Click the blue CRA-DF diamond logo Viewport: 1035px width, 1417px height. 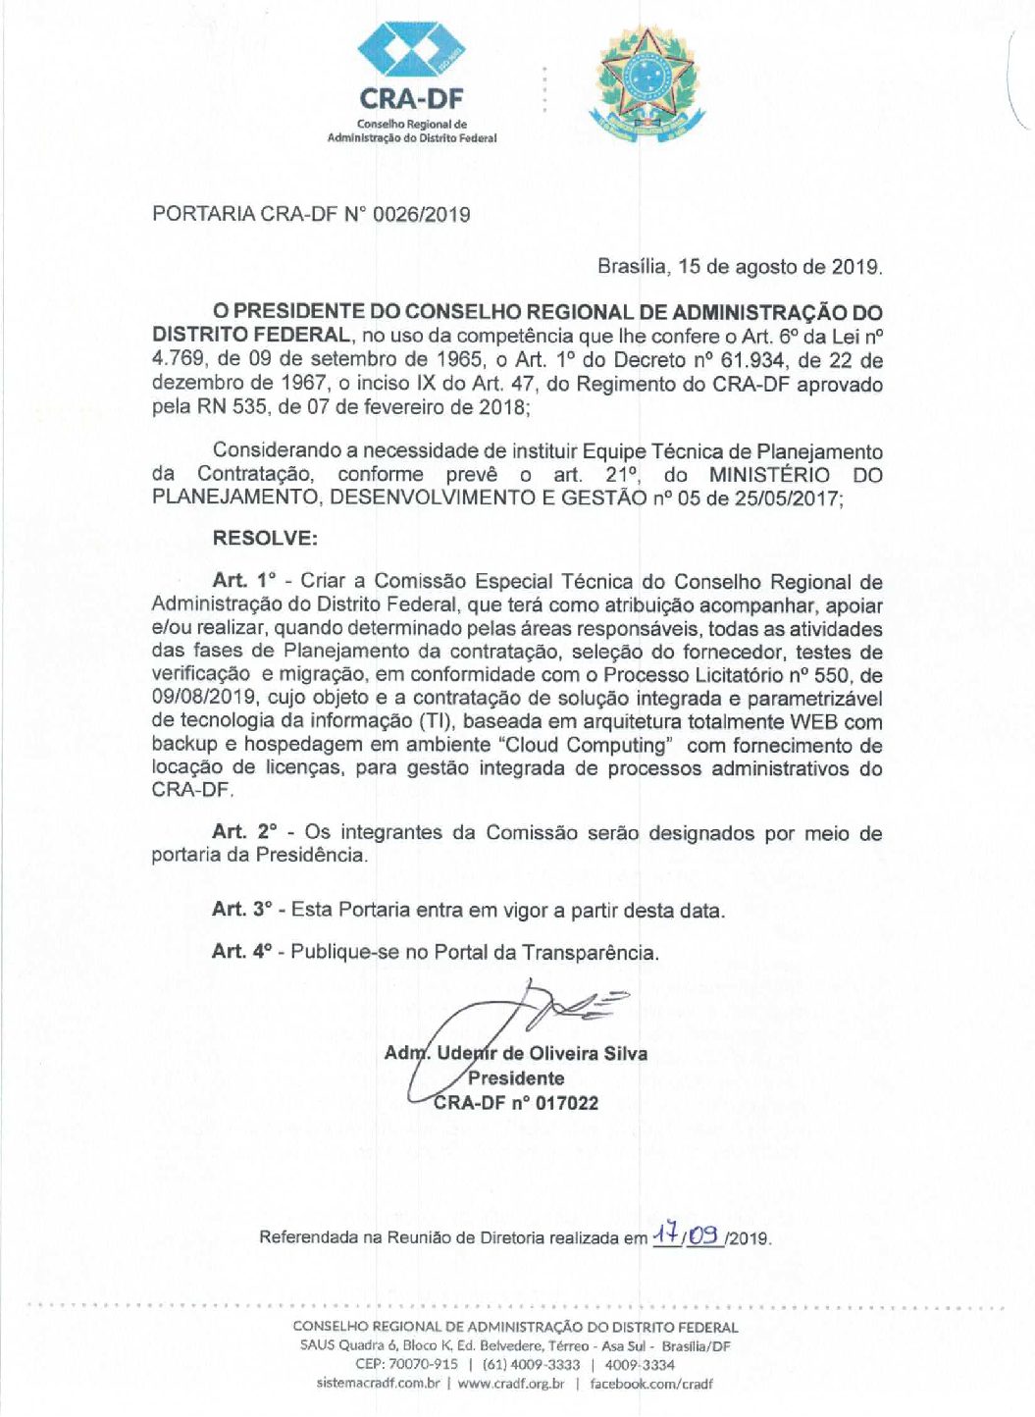(x=410, y=47)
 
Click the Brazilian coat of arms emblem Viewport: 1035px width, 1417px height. (x=647, y=85)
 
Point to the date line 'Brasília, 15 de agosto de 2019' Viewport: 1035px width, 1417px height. (x=740, y=266)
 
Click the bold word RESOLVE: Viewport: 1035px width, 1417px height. (x=265, y=538)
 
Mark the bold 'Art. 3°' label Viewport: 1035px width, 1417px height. (x=241, y=910)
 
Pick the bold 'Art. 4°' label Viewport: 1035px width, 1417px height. (x=241, y=952)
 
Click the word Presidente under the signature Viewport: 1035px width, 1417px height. (x=516, y=1078)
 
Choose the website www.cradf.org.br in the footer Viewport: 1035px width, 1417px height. (x=510, y=1384)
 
